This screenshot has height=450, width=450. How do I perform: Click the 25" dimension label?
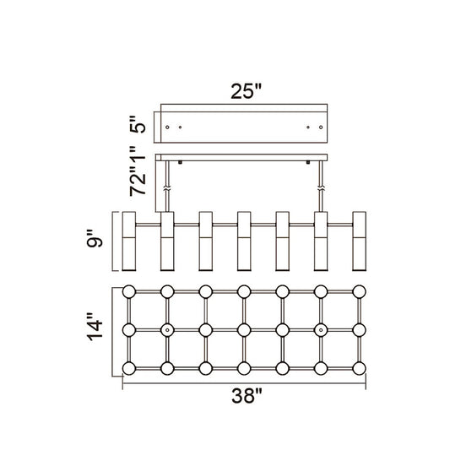pyautogui.click(x=247, y=91)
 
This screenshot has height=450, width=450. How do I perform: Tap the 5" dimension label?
pyautogui.click(x=138, y=124)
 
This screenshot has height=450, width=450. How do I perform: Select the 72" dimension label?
pyautogui.click(x=138, y=184)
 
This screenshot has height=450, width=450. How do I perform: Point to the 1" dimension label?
pyautogui.click(x=138, y=157)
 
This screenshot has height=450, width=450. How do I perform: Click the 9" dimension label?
pyautogui.click(x=95, y=238)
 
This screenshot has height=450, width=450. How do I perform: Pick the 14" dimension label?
pyautogui.click(x=95, y=327)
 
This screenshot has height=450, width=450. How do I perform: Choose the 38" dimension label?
pyautogui.click(x=247, y=396)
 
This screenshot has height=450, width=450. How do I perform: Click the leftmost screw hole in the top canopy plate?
pyautogui.click(x=167, y=127)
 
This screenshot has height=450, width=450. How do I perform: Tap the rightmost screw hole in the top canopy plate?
pyautogui.click(x=321, y=127)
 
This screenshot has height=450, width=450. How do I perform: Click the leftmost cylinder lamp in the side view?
pyautogui.click(x=129, y=241)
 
